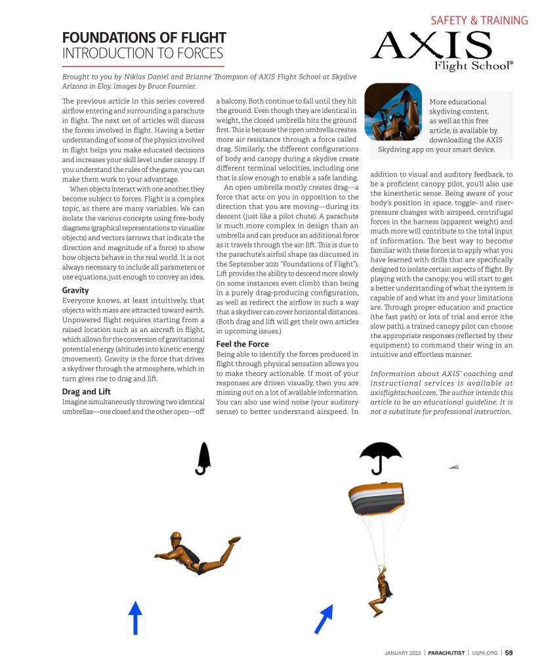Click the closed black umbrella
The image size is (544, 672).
[203, 458]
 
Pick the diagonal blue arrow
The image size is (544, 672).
[324, 619]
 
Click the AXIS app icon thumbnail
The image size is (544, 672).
[393, 112]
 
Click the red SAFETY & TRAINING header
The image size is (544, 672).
[479, 20]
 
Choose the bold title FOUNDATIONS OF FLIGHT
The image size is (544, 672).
[144, 37]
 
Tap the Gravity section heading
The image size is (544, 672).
[75, 289]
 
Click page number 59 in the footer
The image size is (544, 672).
[509, 652]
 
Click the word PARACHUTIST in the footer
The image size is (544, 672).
[446, 652]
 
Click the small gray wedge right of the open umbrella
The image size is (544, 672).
[453, 466]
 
